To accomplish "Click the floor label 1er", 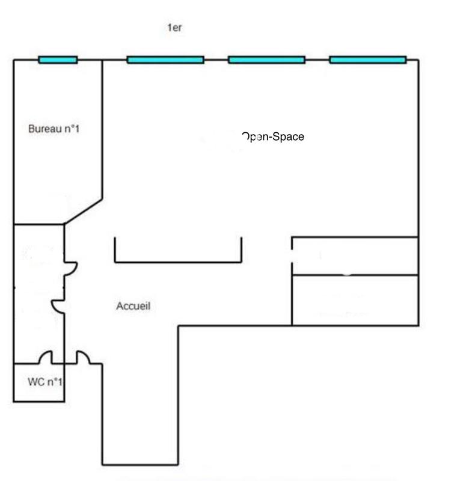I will pyautogui.click(x=174, y=28).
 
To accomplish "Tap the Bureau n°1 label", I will pyautogui.click(x=54, y=129).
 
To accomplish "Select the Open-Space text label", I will pyautogui.click(x=273, y=137).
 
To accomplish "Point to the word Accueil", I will pyautogui.click(x=133, y=307).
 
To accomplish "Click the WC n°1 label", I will pyautogui.click(x=45, y=382).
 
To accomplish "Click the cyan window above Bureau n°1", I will pyautogui.click(x=58, y=60).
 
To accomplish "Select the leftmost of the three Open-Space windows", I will pyautogui.click(x=165, y=60).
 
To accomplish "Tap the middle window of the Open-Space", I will pyautogui.click(x=266, y=60).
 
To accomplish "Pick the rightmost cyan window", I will pyautogui.click(x=368, y=60).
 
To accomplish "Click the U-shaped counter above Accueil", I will pyautogui.click(x=178, y=261).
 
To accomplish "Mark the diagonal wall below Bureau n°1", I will pyautogui.click(x=83, y=212).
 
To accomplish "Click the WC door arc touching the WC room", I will pyautogui.click(x=45, y=358).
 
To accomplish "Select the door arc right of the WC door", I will pyautogui.click(x=83, y=358).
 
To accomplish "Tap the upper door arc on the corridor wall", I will pyautogui.click(x=70, y=268).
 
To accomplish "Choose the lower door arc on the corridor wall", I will pyautogui.click(x=58, y=306).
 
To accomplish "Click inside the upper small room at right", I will pyautogui.click(x=355, y=256).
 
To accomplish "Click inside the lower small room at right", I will pyautogui.click(x=355, y=300).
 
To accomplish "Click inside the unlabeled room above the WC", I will pyautogui.click(x=38, y=293).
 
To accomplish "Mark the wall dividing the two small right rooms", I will pyautogui.click(x=355, y=275).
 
